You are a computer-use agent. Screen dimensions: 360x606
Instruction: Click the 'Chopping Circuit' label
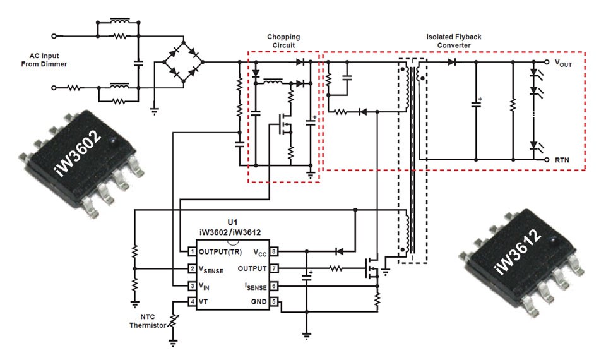[x=283, y=41]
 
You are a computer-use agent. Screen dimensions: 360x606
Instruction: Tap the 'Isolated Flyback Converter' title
[x=453, y=41]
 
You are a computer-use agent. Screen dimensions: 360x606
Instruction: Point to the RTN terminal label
[x=562, y=160]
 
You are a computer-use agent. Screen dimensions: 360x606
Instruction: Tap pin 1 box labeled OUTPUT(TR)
[x=192, y=251]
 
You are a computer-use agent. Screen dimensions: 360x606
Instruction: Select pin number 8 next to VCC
[x=273, y=251]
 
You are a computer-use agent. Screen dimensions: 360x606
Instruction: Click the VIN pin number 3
[x=192, y=286]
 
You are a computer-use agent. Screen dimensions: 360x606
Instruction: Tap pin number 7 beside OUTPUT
[x=273, y=268]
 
